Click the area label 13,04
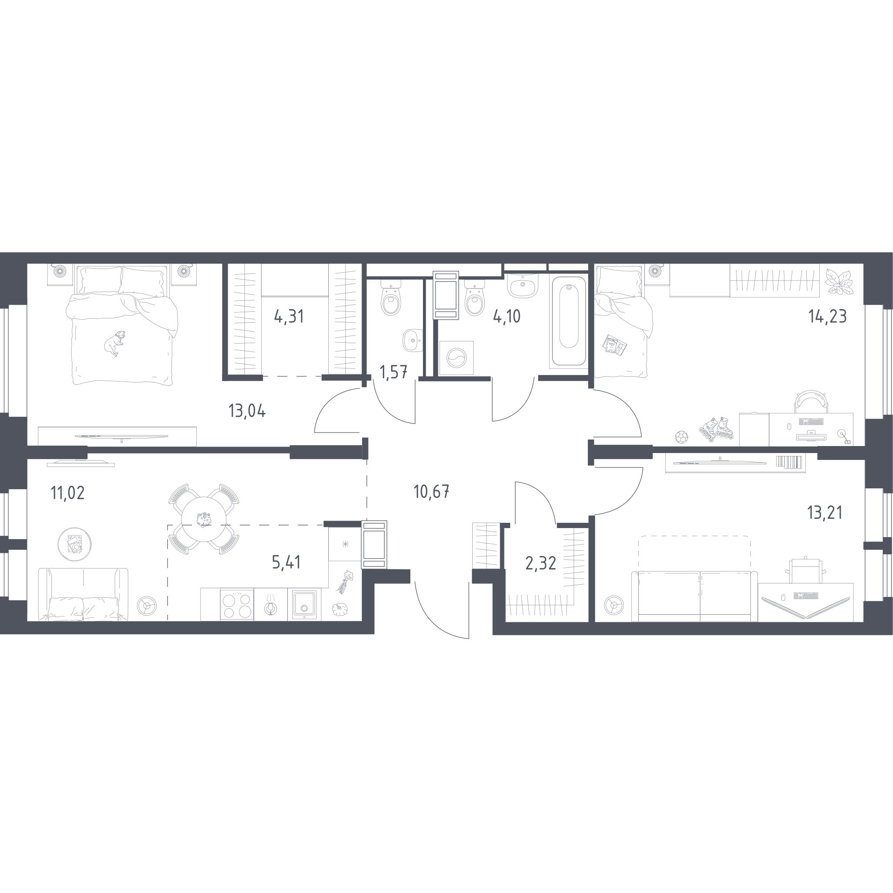point(247,410)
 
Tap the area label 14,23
point(827,316)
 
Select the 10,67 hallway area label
point(431,491)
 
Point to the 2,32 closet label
point(541,563)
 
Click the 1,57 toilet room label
point(393,372)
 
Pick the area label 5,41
point(286,562)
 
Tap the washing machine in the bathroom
point(456,358)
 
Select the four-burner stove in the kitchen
point(237,604)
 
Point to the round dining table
point(204,518)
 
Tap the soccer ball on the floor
point(682,437)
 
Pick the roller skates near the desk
point(716,429)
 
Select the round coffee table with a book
point(75,544)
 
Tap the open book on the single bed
point(615,345)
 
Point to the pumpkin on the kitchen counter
point(340,609)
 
